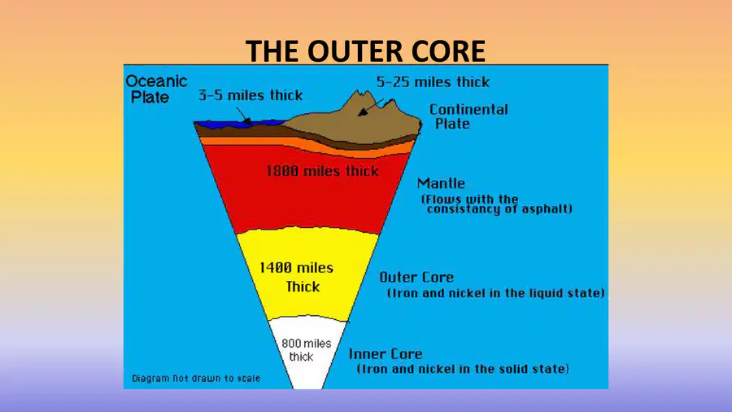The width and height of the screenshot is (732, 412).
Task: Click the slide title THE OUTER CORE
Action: tap(365, 51)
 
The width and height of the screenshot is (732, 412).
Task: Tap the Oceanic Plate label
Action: tap(156, 90)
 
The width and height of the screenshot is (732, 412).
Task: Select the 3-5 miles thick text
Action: tap(251, 95)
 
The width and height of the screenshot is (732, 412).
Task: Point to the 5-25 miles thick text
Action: tap(434, 82)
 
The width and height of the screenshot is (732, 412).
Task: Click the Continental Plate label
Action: tap(468, 116)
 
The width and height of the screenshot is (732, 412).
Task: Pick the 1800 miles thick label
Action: tap(322, 171)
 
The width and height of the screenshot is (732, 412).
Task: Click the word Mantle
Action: tap(441, 183)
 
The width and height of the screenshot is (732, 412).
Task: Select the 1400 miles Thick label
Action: tap(297, 277)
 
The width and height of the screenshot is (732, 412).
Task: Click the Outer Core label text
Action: tap(416, 277)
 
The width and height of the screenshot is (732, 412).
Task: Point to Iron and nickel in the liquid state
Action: tap(496, 293)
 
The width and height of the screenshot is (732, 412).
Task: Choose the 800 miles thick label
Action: tap(307, 350)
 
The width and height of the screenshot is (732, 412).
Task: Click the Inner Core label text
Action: tap(386, 354)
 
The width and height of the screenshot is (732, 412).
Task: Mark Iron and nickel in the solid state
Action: tap(463, 369)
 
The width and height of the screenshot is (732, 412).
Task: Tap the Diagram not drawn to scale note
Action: tap(196, 379)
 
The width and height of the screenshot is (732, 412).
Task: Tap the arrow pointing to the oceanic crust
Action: tap(243, 116)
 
